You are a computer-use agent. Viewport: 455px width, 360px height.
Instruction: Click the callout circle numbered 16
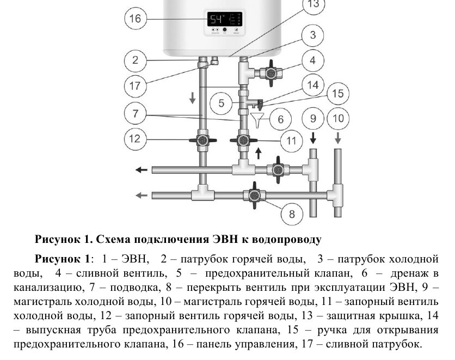click(x=135, y=19)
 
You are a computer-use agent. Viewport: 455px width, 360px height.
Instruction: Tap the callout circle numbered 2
click(x=135, y=60)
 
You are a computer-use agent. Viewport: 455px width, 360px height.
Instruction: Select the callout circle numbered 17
click(x=135, y=86)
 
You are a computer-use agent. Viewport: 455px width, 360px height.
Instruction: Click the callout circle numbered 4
click(x=312, y=60)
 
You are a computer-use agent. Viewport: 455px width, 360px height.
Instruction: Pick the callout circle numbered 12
click(x=135, y=138)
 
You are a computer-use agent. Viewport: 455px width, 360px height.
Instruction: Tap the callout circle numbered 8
click(x=292, y=213)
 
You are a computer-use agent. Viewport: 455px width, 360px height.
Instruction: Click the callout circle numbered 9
click(x=312, y=118)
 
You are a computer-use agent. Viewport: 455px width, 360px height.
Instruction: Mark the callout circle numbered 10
click(x=338, y=118)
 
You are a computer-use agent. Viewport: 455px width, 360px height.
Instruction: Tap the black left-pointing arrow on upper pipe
click(x=141, y=170)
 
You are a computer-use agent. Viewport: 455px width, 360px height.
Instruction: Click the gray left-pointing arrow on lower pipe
click(x=141, y=194)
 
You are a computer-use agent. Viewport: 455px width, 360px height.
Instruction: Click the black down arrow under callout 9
click(x=313, y=137)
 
